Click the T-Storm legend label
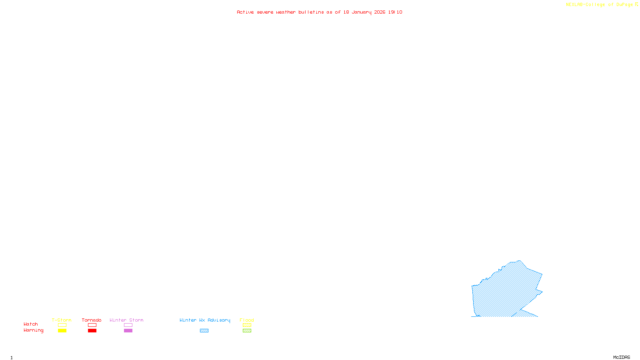62,320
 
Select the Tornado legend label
92,320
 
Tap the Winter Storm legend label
126,320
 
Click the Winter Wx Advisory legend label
205,320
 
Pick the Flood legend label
247,320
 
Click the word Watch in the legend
31,324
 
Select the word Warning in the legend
34,330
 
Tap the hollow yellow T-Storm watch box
62,325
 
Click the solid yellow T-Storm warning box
62,331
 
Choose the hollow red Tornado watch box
92,325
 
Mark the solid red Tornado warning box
92,331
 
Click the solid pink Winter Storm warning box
128,331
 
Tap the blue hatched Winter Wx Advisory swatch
204,331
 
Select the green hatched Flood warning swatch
247,331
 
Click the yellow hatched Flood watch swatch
247,325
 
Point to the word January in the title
362,12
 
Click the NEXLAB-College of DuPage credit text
600,5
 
